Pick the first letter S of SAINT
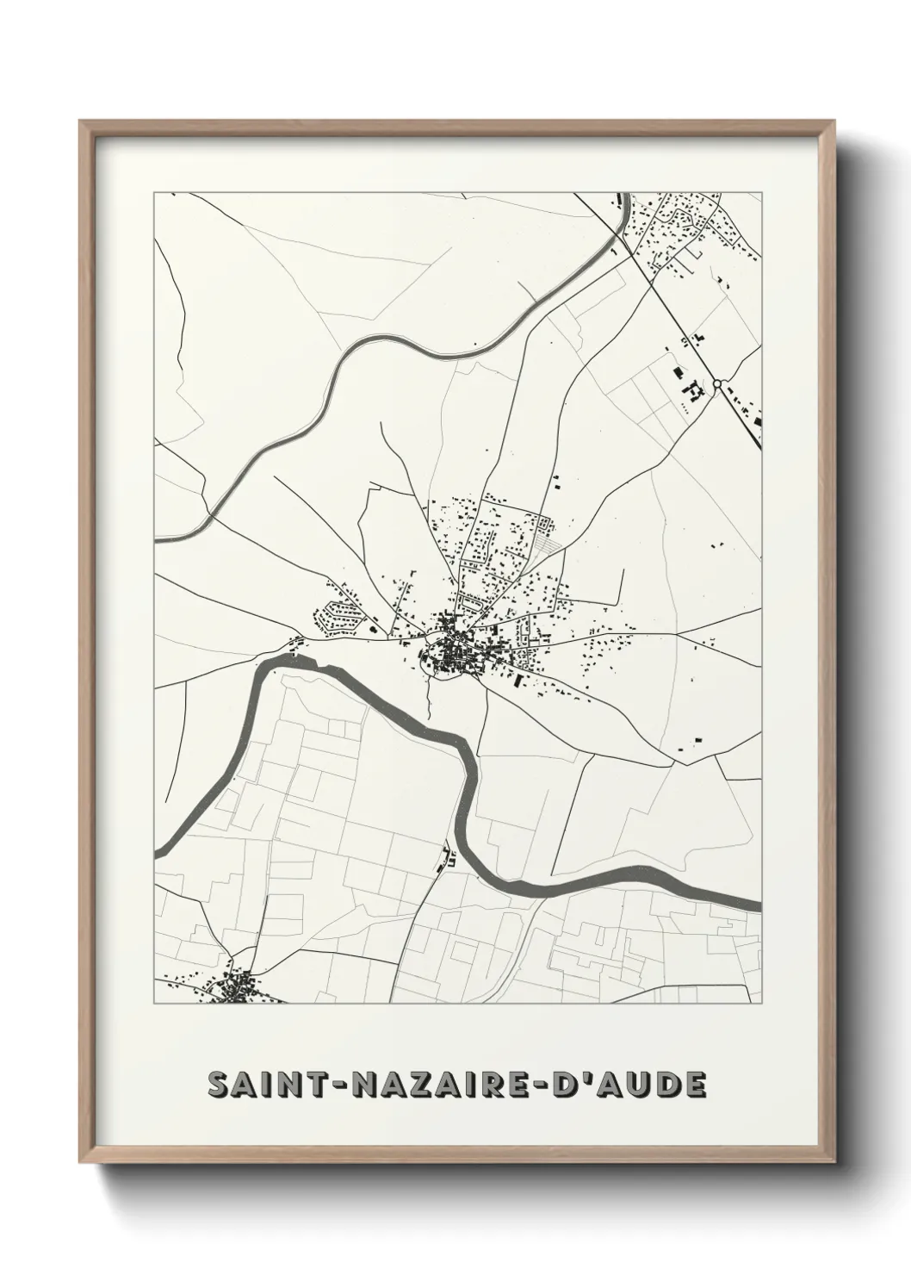(220, 1085)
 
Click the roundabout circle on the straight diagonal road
(716, 383)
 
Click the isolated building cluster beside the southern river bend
(447, 857)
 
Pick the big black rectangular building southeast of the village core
(517, 681)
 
